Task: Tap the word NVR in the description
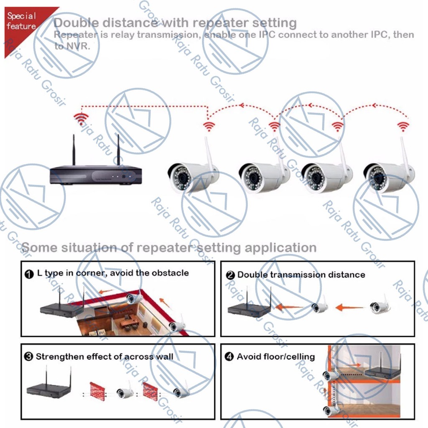click(x=78, y=46)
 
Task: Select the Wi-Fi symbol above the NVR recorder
click(x=80, y=118)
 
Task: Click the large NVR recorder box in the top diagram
click(x=95, y=174)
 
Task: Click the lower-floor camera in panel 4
click(x=331, y=410)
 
